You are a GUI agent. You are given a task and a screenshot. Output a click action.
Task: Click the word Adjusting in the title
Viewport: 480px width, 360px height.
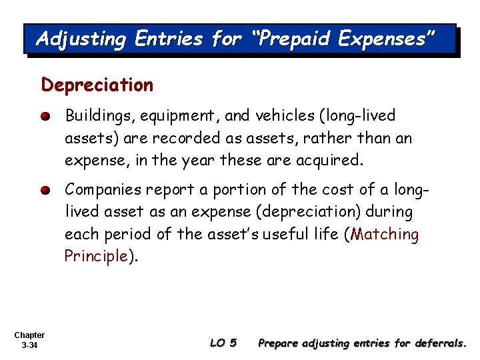pyautogui.click(x=81, y=39)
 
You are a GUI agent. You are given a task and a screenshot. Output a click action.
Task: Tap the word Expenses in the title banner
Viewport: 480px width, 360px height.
pyautogui.click(x=387, y=39)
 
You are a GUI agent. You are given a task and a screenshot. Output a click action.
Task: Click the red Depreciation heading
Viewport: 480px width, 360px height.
pyautogui.click(x=97, y=85)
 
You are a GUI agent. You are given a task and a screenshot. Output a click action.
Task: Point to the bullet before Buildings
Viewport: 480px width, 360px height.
pyautogui.click(x=45, y=117)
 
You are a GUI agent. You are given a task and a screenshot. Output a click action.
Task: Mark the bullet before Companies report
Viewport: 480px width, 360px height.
pyautogui.click(x=45, y=190)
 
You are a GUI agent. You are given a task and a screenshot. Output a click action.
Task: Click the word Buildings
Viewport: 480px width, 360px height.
pyautogui.click(x=101, y=116)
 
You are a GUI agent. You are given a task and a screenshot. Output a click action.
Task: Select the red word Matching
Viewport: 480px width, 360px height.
pyautogui.click(x=385, y=234)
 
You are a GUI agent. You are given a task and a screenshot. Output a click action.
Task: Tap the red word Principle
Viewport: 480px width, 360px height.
pyautogui.click(x=96, y=256)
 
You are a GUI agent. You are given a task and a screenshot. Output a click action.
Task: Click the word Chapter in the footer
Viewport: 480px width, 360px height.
pyautogui.click(x=29, y=335)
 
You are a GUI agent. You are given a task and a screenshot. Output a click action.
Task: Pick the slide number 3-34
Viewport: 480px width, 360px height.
pyautogui.click(x=29, y=345)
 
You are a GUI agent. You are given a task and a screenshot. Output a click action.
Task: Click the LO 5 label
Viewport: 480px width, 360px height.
pyautogui.click(x=223, y=343)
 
